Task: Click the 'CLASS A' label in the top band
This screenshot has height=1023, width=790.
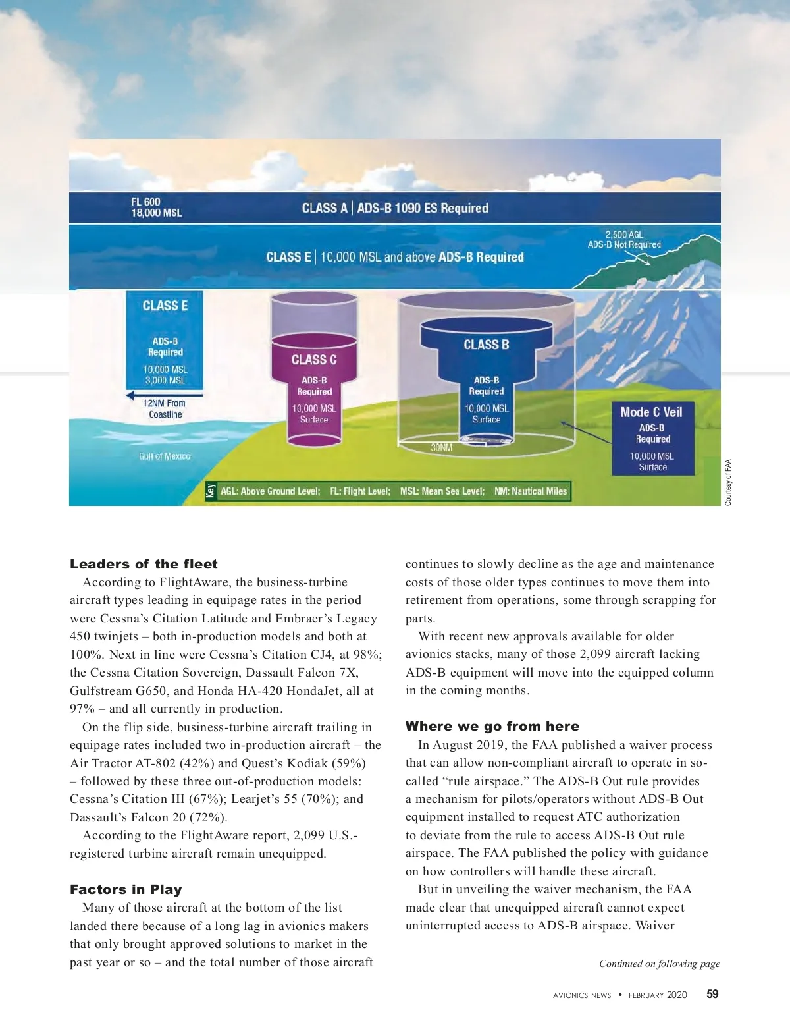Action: coord(324,208)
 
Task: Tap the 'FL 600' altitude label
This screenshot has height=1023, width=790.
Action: coord(145,202)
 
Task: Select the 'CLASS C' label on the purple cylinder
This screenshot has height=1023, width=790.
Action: coord(314,360)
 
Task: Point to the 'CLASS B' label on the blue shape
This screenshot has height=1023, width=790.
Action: coord(486,345)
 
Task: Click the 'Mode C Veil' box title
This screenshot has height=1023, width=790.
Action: coord(651,412)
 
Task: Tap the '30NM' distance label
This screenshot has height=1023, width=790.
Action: coord(442,448)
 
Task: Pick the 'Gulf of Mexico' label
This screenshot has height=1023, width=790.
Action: coord(165,456)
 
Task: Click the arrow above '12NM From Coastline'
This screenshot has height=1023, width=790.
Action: coord(165,395)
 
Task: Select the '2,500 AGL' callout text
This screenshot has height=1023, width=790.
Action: coord(624,235)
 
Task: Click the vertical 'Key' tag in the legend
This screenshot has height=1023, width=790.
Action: coord(211,491)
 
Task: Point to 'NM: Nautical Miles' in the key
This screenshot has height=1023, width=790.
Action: coord(531,491)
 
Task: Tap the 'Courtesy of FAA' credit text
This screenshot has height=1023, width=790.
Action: coord(728,482)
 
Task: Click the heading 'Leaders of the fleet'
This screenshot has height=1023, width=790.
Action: coord(144,564)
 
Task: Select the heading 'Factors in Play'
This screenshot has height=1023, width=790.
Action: coord(126,889)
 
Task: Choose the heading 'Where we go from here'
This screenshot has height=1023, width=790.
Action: coord(492,726)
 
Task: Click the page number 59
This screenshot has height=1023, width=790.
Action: coord(712,995)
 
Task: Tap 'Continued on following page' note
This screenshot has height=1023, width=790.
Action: coord(659,964)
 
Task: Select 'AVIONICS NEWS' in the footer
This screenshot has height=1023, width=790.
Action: coord(582,995)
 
